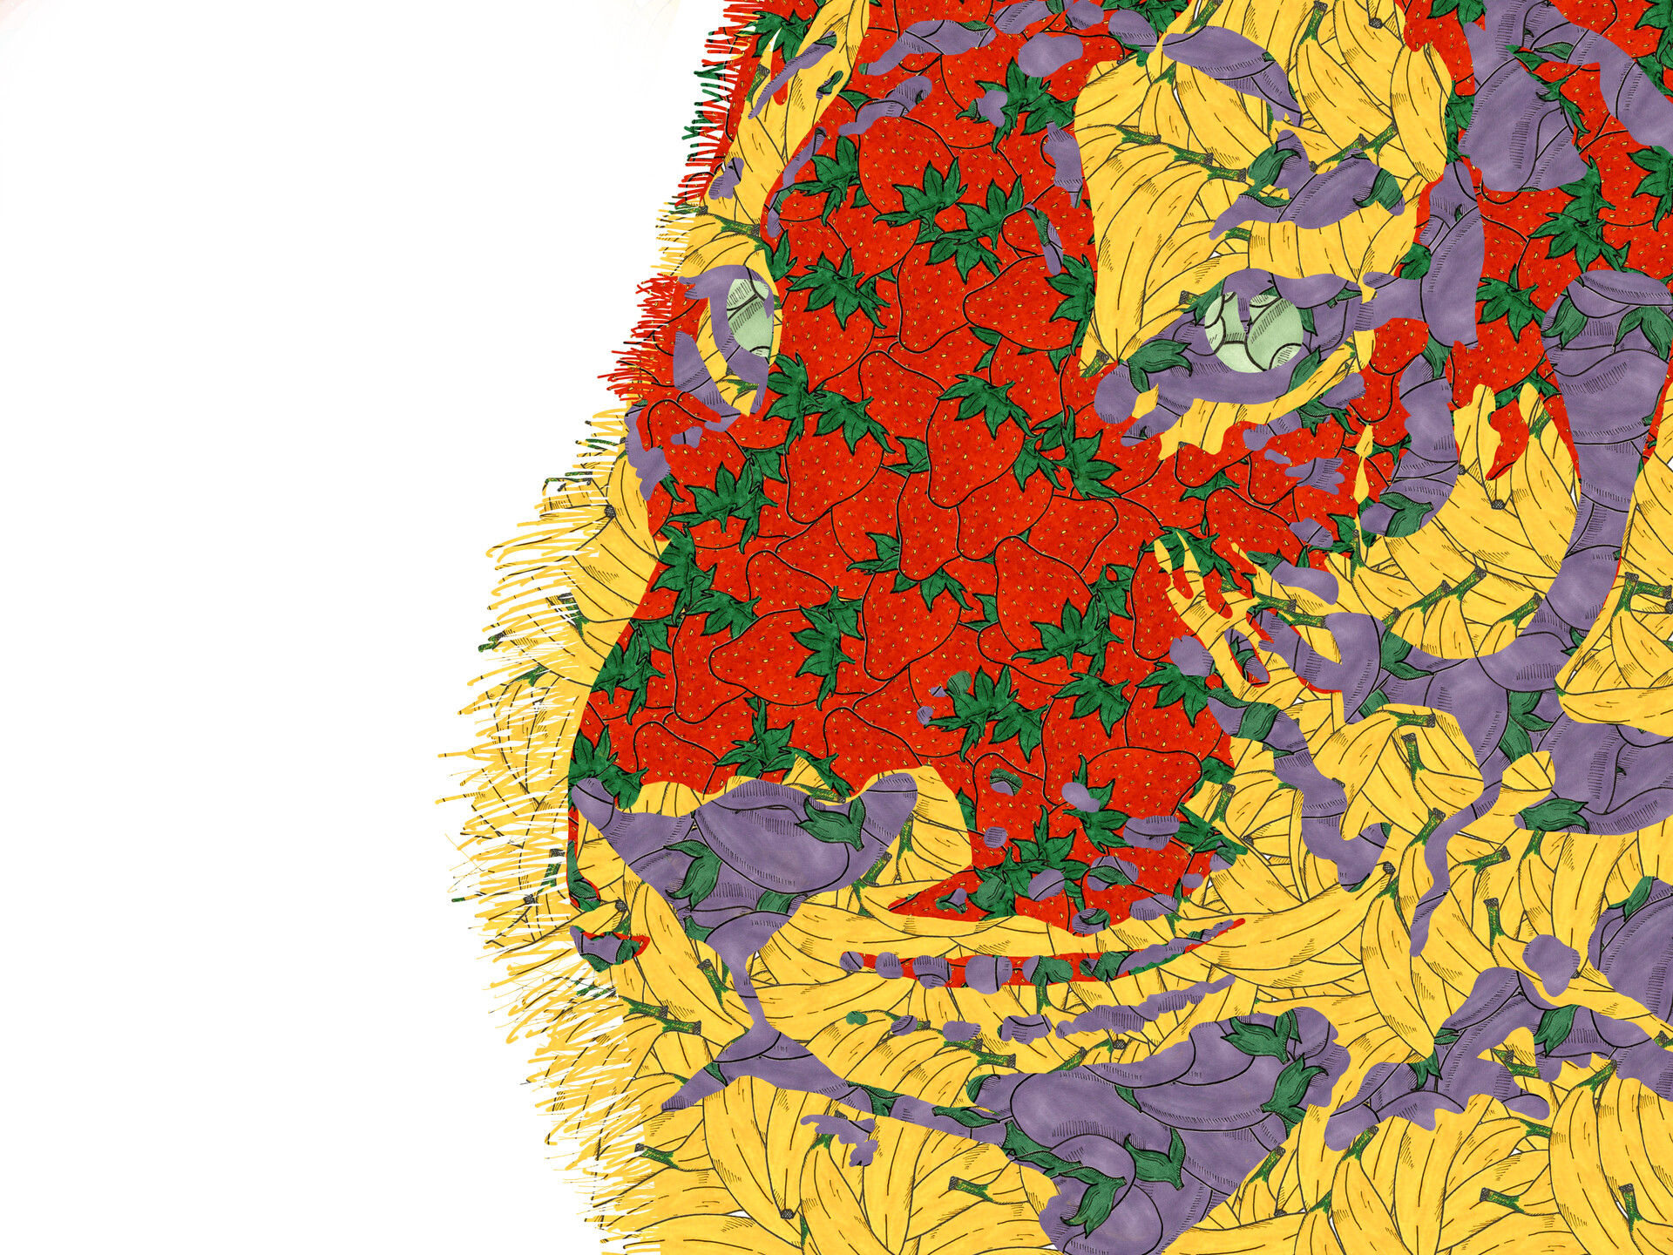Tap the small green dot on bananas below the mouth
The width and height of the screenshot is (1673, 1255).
[x=858, y=1018]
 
